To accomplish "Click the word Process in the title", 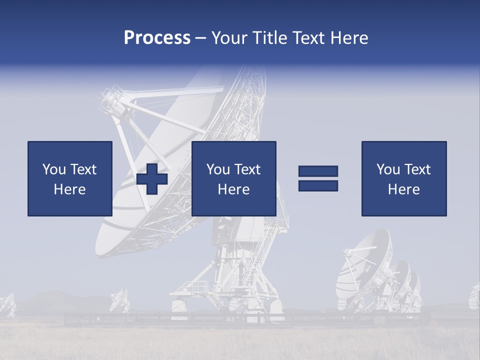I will [x=157, y=38].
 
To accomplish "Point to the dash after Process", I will [x=200, y=38].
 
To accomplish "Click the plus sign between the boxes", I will [x=152, y=179].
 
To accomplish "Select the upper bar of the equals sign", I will [x=318, y=171].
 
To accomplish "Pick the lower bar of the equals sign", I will [x=318, y=185].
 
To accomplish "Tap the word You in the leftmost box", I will [x=53, y=169].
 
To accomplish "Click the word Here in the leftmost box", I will [x=69, y=189].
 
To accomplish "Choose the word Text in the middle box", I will [x=247, y=169].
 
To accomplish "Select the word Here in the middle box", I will [x=233, y=189].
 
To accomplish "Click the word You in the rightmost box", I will [x=387, y=169].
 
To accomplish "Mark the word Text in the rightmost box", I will [x=417, y=169].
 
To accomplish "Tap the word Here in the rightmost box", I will [x=403, y=189].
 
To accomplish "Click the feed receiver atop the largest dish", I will [x=111, y=100].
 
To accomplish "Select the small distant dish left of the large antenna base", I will [x=119, y=299].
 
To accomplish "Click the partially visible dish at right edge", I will [x=474, y=296].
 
